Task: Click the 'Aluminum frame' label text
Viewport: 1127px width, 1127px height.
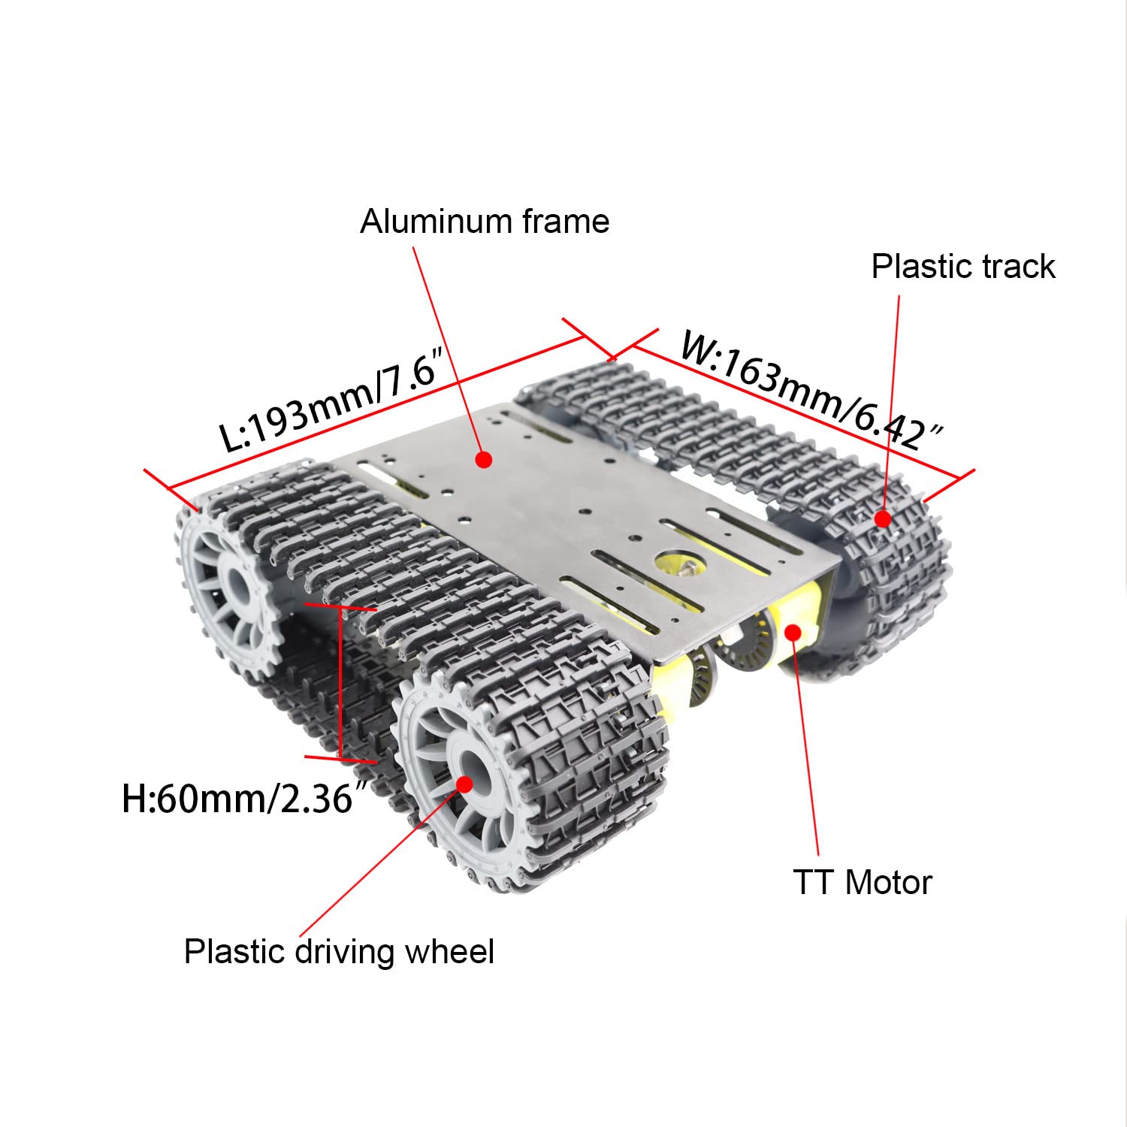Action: [x=485, y=222]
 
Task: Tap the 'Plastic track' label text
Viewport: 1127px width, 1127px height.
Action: [x=963, y=267]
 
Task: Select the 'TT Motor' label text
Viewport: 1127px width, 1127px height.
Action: [x=862, y=882]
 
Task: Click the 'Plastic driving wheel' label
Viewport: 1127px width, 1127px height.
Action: [x=339, y=952]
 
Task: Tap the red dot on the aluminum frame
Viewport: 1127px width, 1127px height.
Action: [x=485, y=459]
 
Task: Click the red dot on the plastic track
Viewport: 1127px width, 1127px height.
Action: [x=883, y=518]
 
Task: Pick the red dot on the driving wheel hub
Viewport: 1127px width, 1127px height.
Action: [x=464, y=783]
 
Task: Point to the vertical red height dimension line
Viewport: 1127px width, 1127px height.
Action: [x=341, y=680]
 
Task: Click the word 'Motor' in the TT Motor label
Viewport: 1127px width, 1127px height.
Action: [x=888, y=882]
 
